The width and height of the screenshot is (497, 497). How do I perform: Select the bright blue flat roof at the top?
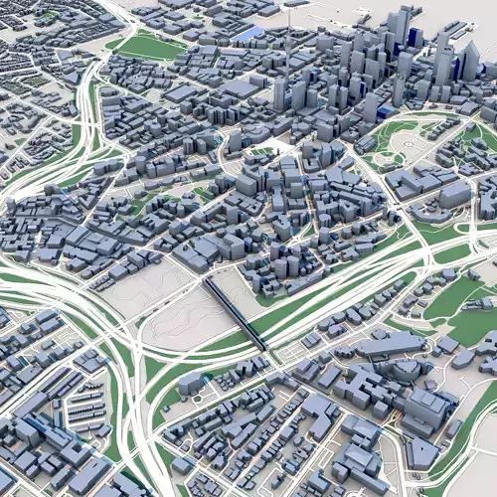pyautogui.click(x=248, y=34)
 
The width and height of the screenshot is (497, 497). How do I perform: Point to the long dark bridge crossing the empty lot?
pyautogui.click(x=236, y=314)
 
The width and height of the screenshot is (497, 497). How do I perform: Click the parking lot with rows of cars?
pyautogui.click(x=83, y=407)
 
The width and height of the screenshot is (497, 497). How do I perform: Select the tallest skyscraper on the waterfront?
pyautogui.click(x=404, y=30)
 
